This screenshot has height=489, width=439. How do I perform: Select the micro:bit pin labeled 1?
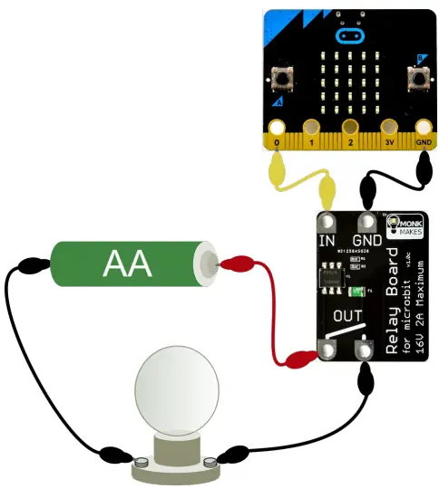point(313,128)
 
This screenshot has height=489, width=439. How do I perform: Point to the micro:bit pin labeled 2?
point(350,128)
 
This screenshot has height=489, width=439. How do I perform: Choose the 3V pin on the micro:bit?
point(390,128)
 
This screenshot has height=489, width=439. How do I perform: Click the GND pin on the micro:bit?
point(424,128)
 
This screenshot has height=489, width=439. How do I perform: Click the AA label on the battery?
point(128,264)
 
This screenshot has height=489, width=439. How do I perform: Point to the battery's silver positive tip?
point(209,264)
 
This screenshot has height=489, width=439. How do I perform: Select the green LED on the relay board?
point(358,290)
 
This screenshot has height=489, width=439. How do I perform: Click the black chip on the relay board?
point(332,277)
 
